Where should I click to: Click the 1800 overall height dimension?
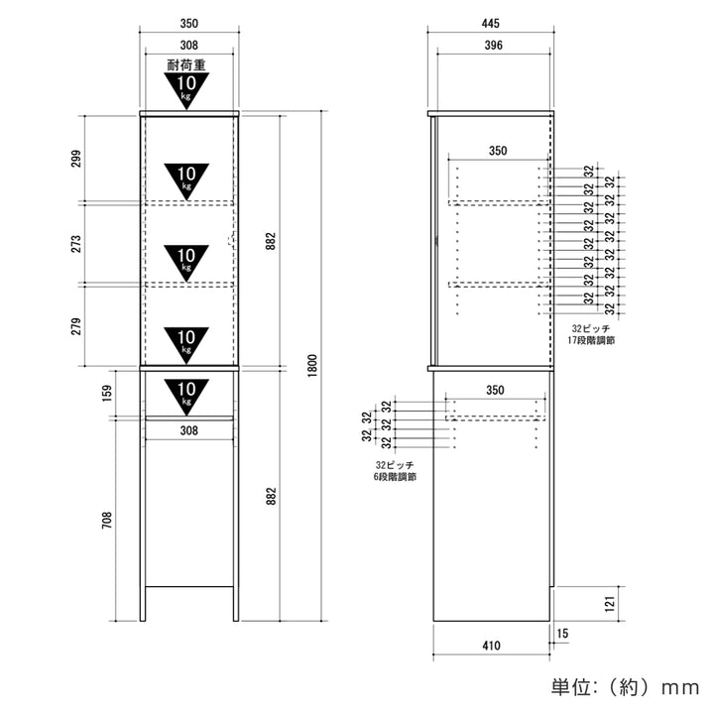point(312,366)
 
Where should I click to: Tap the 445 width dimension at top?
point(491,23)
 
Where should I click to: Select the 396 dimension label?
point(494,45)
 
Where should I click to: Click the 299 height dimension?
point(76,159)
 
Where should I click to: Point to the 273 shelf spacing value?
point(76,244)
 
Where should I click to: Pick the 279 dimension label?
point(76,326)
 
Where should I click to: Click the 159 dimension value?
point(106,393)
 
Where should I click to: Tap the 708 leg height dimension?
point(106,520)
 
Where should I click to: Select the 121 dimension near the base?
point(610,604)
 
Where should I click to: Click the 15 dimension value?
point(562,634)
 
